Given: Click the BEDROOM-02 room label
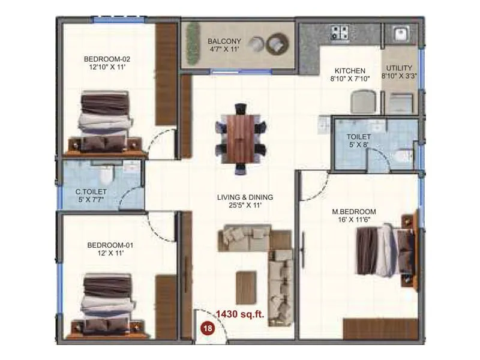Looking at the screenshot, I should click(x=107, y=59).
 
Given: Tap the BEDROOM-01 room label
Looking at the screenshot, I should click(x=110, y=245).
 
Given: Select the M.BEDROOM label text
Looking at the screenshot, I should click(x=354, y=212).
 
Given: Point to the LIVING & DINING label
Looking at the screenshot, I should click(x=245, y=197).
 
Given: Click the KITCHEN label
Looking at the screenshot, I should click(x=350, y=71).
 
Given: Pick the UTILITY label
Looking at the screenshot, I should click(x=400, y=68).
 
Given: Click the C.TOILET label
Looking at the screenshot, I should click(x=91, y=192).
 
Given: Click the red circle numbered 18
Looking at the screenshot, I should click(x=208, y=328).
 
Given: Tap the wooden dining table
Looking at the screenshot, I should click(x=240, y=138).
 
